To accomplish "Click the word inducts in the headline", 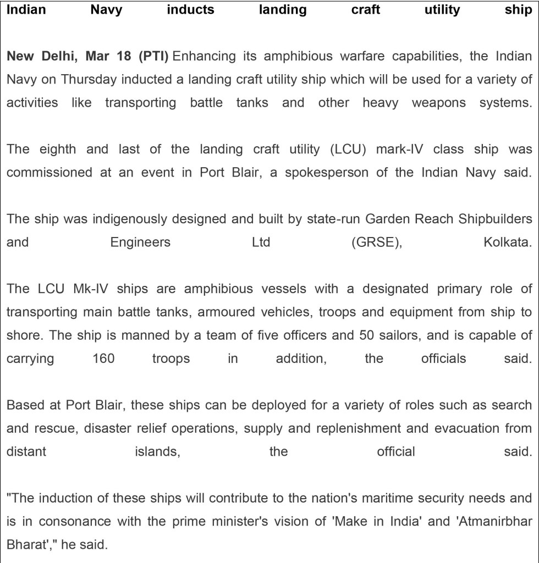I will (x=190, y=10).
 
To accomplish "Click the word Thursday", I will (x=89, y=79).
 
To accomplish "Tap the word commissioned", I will (x=50, y=173).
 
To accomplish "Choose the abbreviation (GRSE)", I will (x=377, y=242).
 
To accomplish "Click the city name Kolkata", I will (x=508, y=242).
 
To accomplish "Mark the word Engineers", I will (x=140, y=242).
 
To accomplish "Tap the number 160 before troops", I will (x=103, y=358).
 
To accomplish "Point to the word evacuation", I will (x=461, y=428).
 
